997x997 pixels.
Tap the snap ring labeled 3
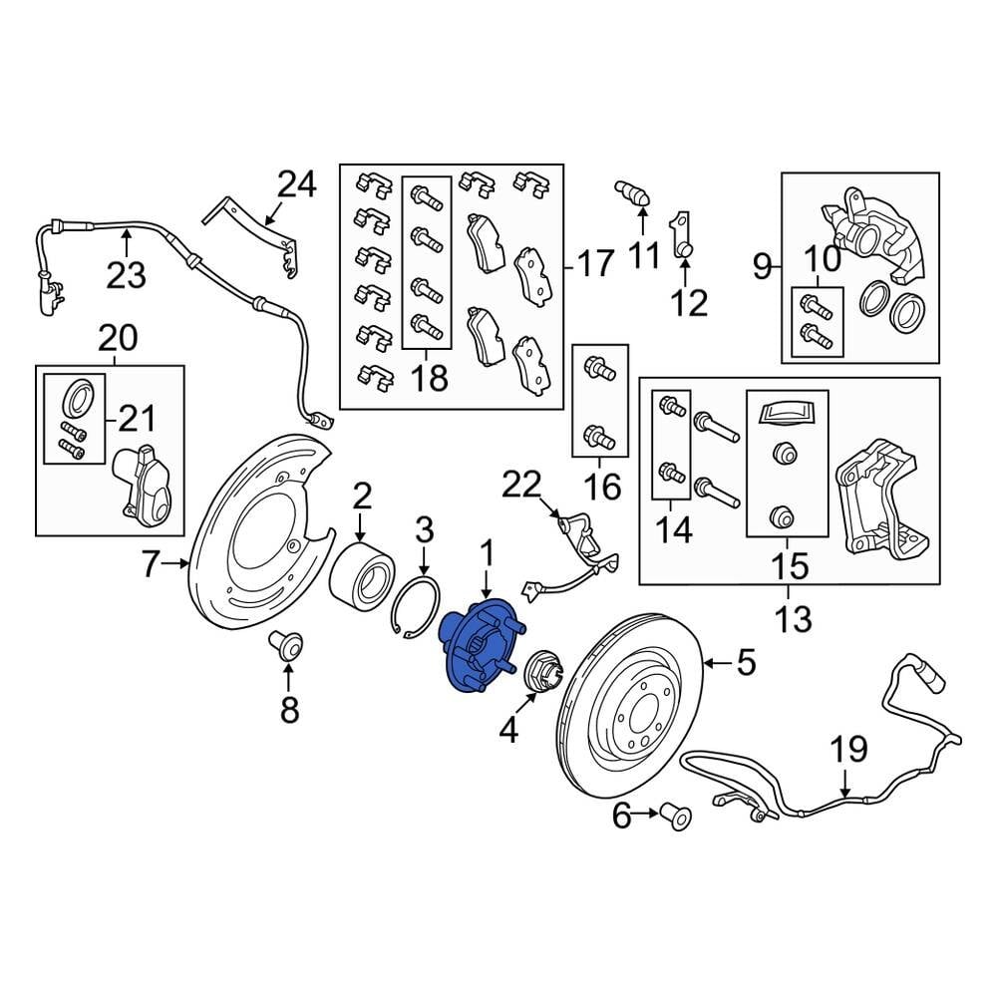pyautogui.click(x=416, y=607)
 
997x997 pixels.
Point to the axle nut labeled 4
pyautogui.click(x=542, y=671)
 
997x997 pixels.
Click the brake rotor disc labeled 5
pyautogui.click(x=630, y=705)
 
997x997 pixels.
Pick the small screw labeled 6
pyautogui.click(x=677, y=818)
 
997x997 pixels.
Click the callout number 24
pyautogui.click(x=297, y=185)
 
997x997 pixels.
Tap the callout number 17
pyautogui.click(x=596, y=263)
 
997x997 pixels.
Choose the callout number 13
pyautogui.click(x=793, y=619)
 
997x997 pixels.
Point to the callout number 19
pyautogui.click(x=848, y=750)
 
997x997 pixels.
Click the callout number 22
pyautogui.click(x=521, y=485)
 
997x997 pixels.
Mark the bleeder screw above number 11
pyautogui.click(x=632, y=192)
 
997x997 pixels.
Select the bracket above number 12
pyautogui.click(x=681, y=236)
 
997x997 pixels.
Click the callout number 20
pyautogui.click(x=118, y=338)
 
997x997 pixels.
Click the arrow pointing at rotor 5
pyautogui.click(x=719, y=664)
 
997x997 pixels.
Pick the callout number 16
pyautogui.click(x=601, y=488)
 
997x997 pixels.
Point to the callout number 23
pyautogui.click(x=126, y=275)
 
